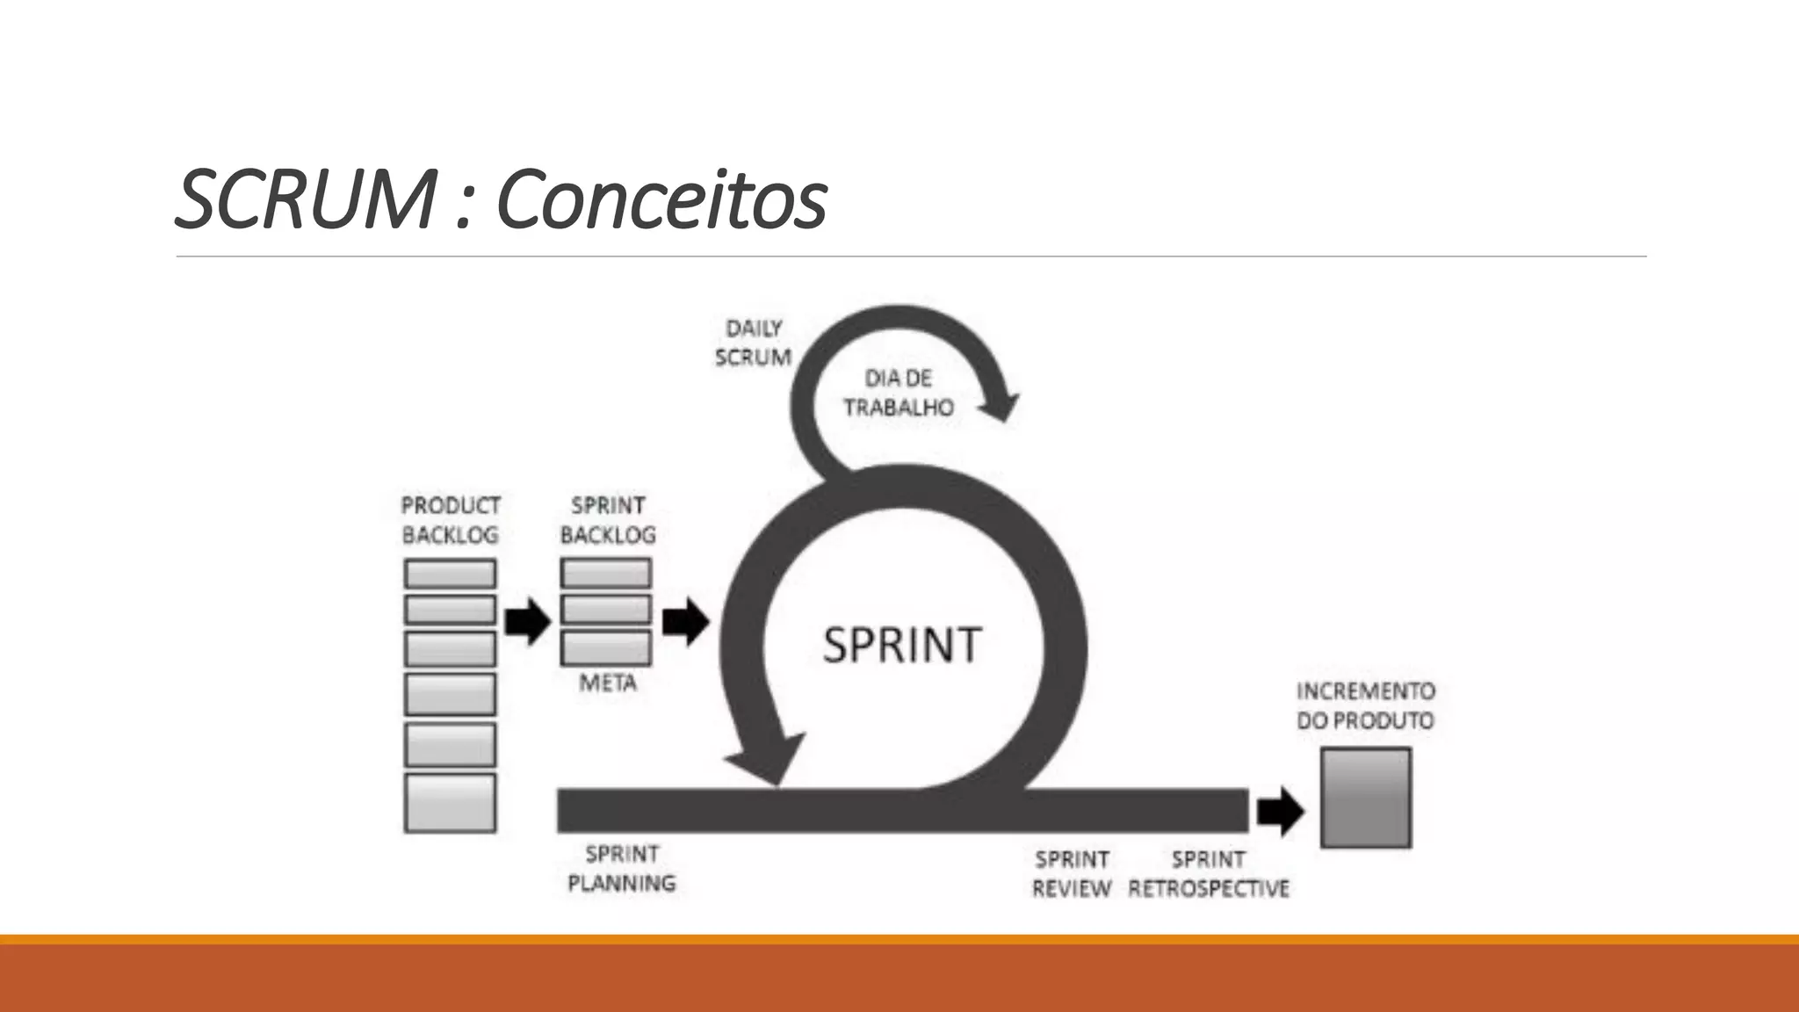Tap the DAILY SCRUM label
pos(753,343)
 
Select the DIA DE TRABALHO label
pos(898,393)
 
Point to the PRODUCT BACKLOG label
pos(451,520)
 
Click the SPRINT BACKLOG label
pos(608,520)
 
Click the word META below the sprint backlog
pos(608,683)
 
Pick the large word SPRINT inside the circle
pos(902,645)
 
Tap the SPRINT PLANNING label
pos(622,868)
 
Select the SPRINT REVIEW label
pos(1072,873)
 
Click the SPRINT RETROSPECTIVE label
pos(1208,873)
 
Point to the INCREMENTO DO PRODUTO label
pos(1365,705)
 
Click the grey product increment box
pos(1365,798)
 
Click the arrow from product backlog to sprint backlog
pos(528,622)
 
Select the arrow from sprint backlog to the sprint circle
pos(685,622)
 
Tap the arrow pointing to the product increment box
pos(1280,811)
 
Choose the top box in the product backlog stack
pos(450,574)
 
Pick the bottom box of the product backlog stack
pos(450,802)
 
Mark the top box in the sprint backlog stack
pos(606,574)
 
